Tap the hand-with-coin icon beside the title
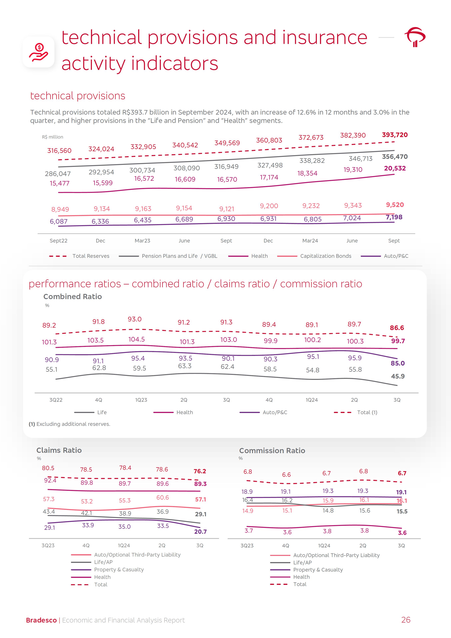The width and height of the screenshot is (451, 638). coord(39,52)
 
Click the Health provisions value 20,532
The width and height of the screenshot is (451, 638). coord(395,168)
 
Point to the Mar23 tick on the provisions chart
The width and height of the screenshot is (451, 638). coord(142,241)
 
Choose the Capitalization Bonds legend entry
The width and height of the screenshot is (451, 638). coord(325,256)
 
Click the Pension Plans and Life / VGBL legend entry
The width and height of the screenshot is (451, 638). coord(179,256)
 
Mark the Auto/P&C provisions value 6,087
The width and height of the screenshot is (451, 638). coord(59,221)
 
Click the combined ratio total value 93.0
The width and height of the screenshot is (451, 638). coord(135,319)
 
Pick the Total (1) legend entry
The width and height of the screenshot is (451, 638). coord(367,412)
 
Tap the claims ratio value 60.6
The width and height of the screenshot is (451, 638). coord(163,497)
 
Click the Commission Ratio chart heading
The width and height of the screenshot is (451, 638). coord(272,450)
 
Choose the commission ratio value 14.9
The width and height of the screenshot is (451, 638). coord(248,511)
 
